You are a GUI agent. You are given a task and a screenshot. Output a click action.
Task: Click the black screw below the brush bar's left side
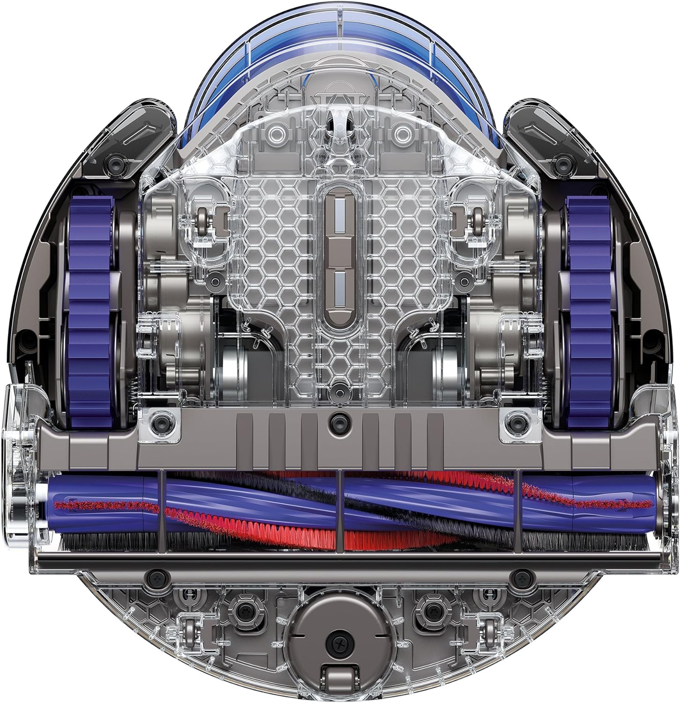coord(154,575)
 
